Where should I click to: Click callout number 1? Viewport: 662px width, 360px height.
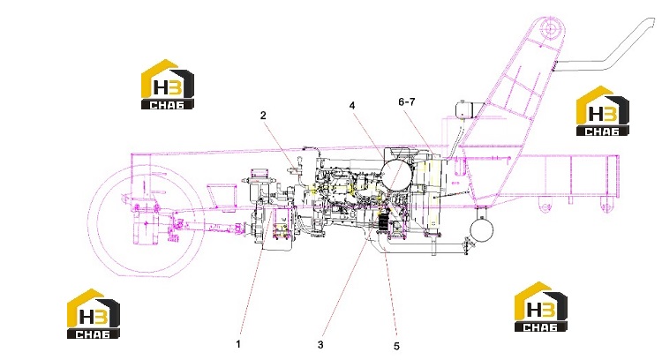(x=238, y=344)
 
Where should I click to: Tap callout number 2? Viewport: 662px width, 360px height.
(x=263, y=116)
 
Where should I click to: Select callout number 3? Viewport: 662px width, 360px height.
(x=320, y=345)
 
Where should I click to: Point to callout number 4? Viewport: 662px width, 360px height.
(x=352, y=105)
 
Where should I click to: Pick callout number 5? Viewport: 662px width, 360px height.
(x=396, y=346)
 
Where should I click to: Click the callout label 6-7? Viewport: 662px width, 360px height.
(x=407, y=101)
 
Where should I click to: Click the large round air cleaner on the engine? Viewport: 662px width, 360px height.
(x=396, y=172)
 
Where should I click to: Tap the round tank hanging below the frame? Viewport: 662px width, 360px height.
(x=482, y=229)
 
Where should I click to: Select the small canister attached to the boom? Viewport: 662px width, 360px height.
(x=466, y=109)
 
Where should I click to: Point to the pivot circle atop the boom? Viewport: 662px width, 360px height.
(x=552, y=29)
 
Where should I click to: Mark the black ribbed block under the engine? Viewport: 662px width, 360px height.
(x=383, y=223)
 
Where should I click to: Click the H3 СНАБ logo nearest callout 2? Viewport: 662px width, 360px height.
(x=168, y=85)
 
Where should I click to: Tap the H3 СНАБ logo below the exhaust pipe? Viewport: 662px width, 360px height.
(x=603, y=111)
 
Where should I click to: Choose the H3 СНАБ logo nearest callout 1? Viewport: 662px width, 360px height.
(x=94, y=313)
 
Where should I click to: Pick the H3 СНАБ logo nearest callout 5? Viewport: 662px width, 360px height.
(x=541, y=307)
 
